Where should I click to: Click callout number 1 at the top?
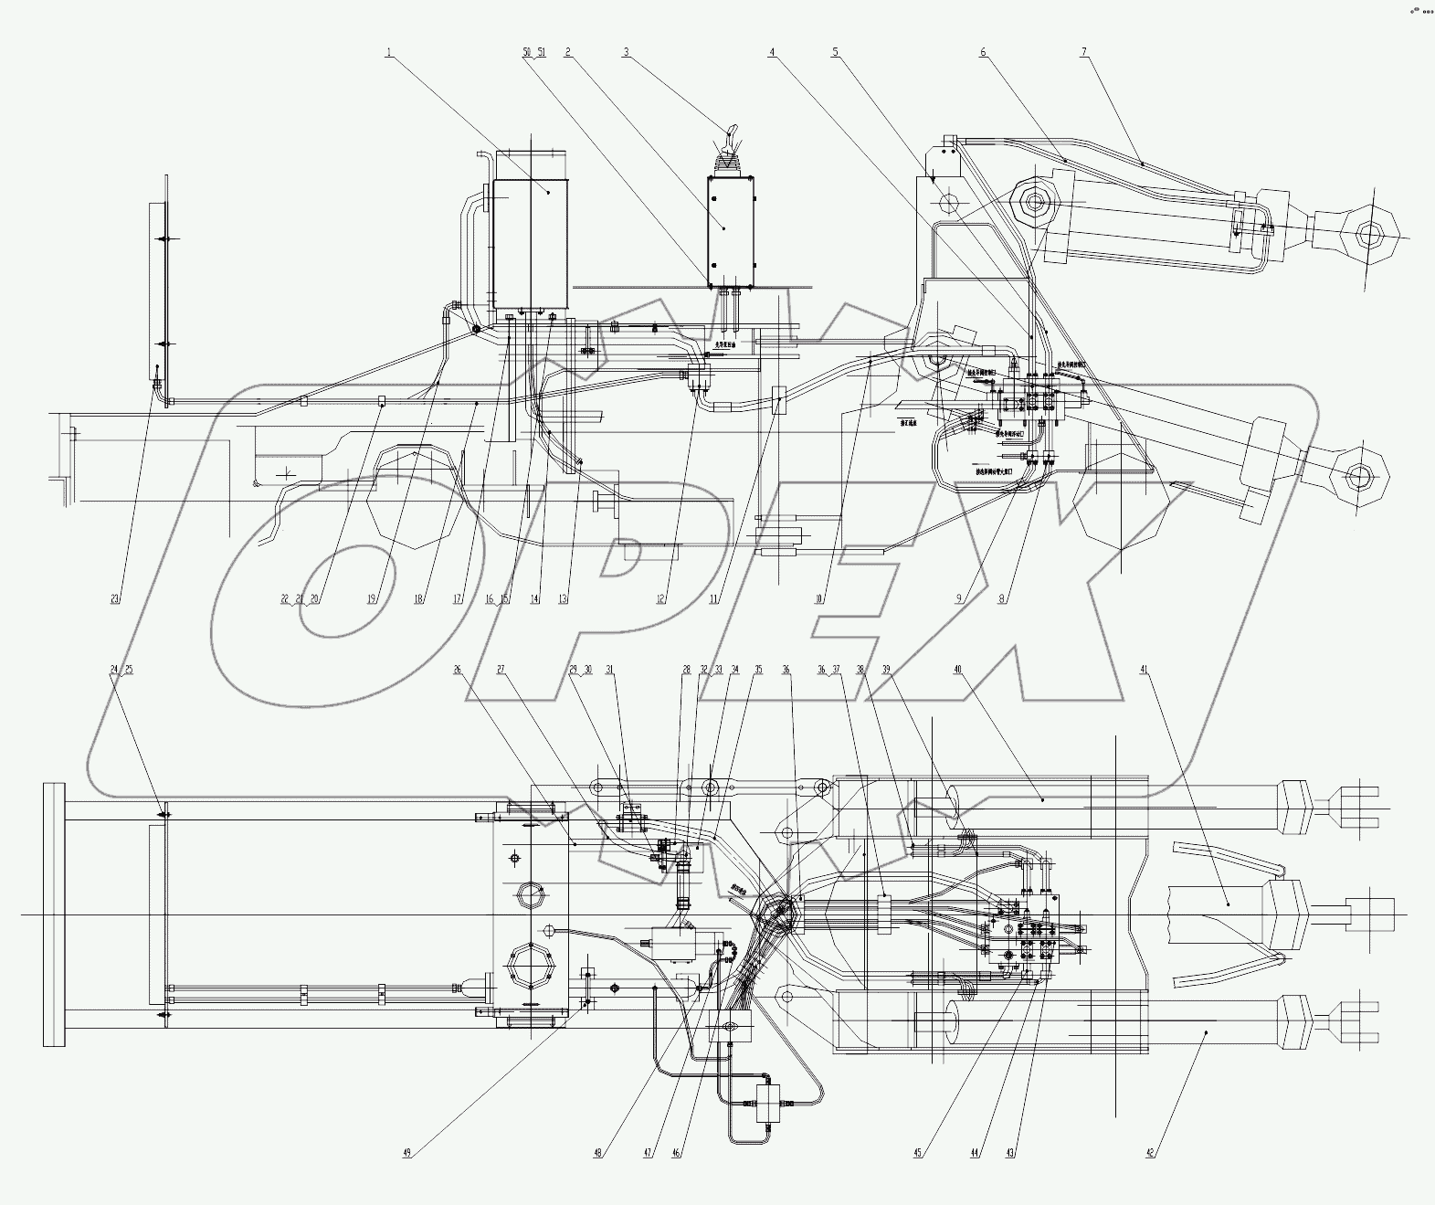click(389, 53)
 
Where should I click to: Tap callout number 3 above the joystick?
click(626, 53)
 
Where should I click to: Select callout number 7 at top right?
click(1084, 53)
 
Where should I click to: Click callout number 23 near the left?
click(115, 599)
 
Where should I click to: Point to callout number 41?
click(1145, 670)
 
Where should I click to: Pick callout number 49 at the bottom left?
click(407, 1153)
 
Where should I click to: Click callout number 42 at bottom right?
click(1150, 1153)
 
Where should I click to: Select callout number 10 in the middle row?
click(819, 599)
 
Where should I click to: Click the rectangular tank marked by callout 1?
click(530, 245)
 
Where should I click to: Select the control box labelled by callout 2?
click(731, 228)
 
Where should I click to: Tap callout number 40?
click(957, 670)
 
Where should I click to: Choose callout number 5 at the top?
click(835, 53)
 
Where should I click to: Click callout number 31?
click(610, 670)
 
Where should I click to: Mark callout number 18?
click(419, 599)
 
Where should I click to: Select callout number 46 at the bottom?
click(677, 1153)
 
